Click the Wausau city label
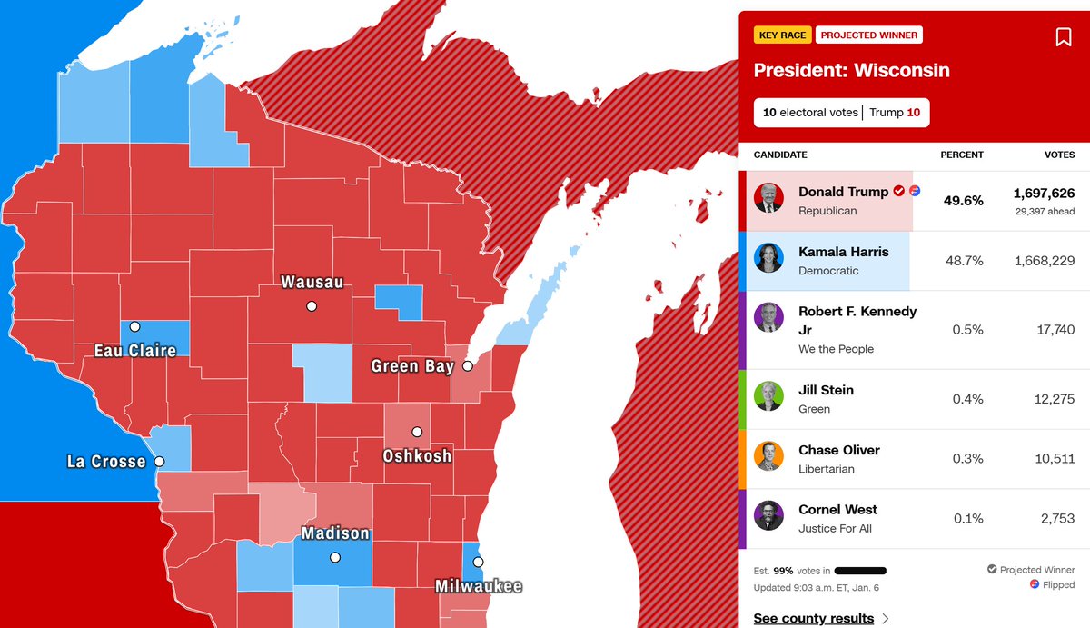click(x=312, y=283)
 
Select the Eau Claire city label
click(x=135, y=350)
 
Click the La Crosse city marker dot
click(x=159, y=462)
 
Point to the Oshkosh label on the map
click(x=417, y=455)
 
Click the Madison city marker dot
click(x=334, y=557)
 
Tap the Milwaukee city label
click(x=478, y=586)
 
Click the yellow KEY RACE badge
click(x=781, y=35)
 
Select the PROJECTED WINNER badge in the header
click(x=868, y=35)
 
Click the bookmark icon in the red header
click(x=1063, y=37)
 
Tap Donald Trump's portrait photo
click(x=768, y=198)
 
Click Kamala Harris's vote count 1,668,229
click(x=1044, y=261)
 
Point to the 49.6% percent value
click(x=963, y=201)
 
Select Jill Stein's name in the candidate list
click(x=826, y=390)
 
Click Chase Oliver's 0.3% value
click(x=967, y=458)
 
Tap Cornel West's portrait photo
click(x=768, y=515)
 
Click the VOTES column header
click(x=1059, y=155)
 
